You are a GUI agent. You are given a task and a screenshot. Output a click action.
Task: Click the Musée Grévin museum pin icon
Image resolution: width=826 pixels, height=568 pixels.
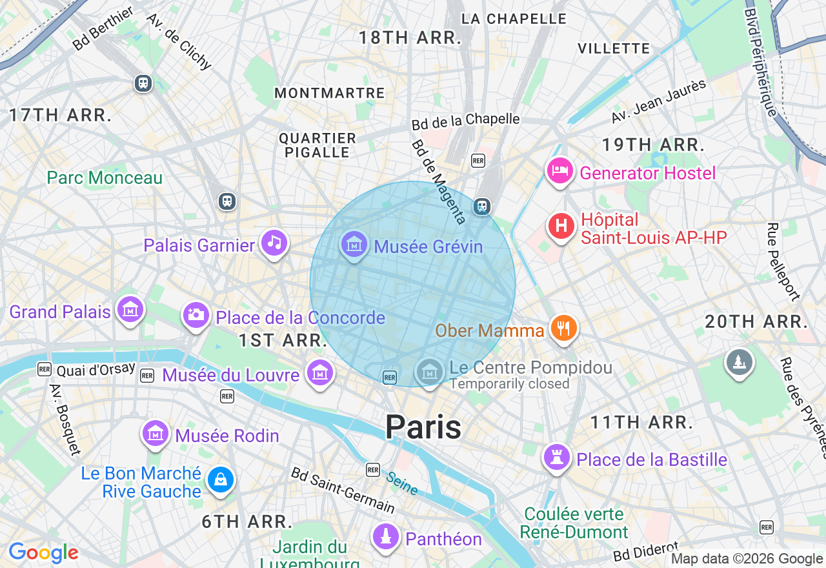(x=354, y=245)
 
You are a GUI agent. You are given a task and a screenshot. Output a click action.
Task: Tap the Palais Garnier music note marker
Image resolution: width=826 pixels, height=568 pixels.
(x=275, y=243)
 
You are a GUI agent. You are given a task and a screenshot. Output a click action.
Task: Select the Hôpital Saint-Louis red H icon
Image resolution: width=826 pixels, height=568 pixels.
(x=561, y=227)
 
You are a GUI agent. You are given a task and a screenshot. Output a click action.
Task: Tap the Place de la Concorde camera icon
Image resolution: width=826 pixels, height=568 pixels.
(x=196, y=314)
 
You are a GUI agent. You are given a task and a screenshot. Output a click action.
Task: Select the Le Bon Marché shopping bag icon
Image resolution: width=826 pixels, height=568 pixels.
(x=221, y=480)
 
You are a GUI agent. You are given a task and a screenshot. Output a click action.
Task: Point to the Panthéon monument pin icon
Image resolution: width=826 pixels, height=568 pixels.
(x=385, y=536)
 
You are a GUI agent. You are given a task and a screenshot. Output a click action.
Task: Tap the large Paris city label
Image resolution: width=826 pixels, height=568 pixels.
(x=423, y=427)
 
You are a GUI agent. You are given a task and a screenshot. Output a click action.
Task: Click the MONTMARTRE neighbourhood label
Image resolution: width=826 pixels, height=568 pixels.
(x=330, y=93)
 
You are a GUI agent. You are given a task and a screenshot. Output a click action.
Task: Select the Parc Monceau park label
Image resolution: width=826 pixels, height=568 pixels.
(x=105, y=177)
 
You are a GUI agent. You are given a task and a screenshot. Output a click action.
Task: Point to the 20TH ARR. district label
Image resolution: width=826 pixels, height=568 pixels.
(x=756, y=321)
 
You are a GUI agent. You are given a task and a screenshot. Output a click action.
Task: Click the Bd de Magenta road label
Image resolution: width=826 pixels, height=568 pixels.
(x=439, y=182)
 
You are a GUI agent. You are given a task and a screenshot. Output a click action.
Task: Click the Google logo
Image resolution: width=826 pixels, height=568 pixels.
(x=43, y=553)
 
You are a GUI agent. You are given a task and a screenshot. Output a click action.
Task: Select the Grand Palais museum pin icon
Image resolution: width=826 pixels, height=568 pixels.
(x=130, y=310)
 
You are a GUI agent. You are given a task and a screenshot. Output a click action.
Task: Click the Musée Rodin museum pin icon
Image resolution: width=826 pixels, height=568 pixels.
(x=156, y=434)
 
